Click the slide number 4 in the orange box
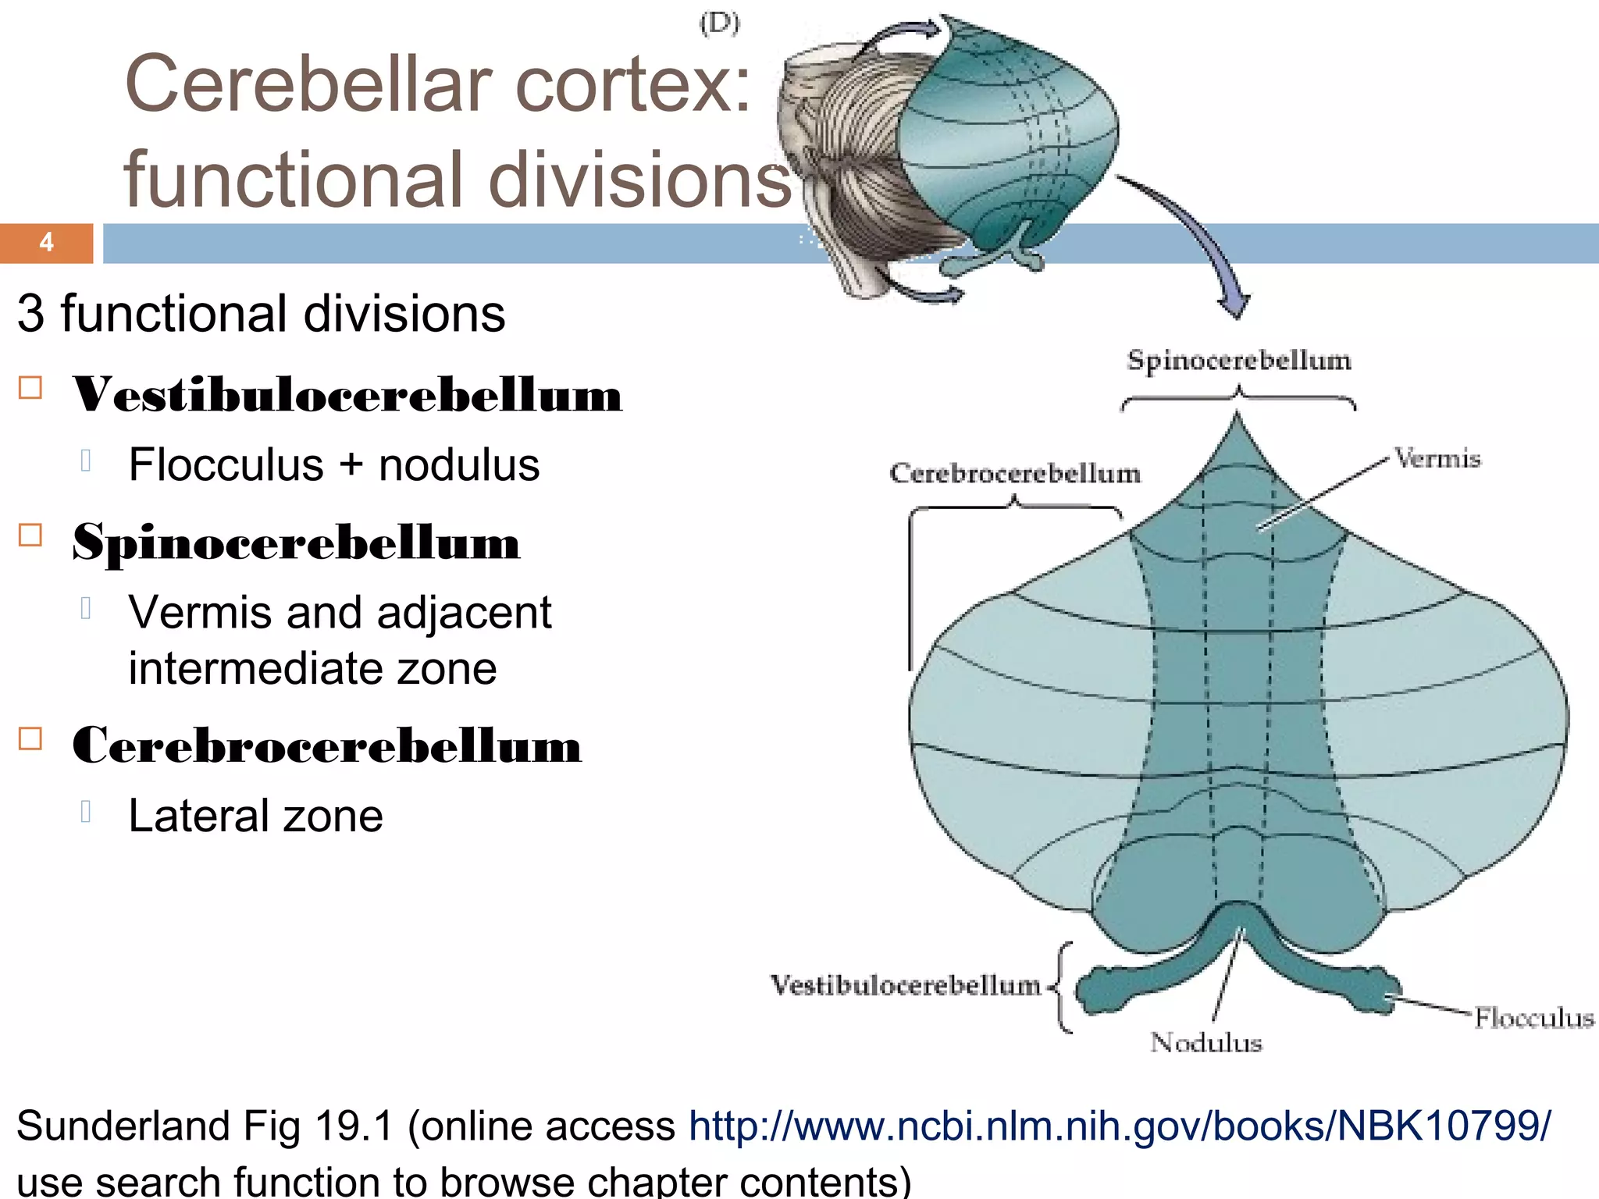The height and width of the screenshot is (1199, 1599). point(46,243)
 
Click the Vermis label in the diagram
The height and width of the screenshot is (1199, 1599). point(1437,458)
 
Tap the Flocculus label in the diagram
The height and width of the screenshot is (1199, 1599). point(1533,1018)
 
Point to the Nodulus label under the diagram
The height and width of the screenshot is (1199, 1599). point(1205,1042)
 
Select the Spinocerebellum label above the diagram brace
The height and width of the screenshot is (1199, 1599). point(1239,361)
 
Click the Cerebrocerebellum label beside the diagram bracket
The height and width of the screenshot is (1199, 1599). point(1015,473)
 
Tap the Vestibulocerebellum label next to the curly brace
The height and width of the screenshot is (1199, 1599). point(906,985)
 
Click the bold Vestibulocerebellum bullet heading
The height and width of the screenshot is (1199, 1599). point(347,394)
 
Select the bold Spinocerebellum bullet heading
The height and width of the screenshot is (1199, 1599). point(296,542)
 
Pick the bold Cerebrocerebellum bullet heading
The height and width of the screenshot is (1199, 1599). point(326,745)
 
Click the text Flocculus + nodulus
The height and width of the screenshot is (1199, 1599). point(333,465)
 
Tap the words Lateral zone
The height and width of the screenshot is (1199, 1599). point(255,817)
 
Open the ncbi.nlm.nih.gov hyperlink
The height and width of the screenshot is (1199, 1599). point(1119,1126)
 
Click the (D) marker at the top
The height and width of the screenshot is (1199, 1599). point(719,23)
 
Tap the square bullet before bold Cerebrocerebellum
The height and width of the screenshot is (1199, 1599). point(30,738)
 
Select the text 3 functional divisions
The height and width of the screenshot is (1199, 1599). point(261,314)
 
